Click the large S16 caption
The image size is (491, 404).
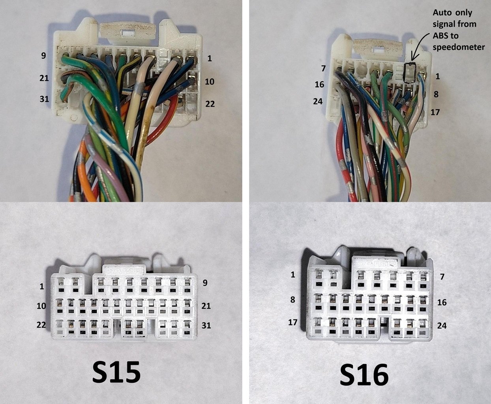click(364, 374)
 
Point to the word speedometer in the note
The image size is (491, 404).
click(459, 47)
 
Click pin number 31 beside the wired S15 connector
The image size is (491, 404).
click(44, 99)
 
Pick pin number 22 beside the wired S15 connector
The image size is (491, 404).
click(210, 104)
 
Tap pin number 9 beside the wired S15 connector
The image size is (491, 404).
click(43, 56)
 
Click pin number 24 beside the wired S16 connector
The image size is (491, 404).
click(318, 101)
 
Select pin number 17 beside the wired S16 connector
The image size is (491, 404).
click(435, 112)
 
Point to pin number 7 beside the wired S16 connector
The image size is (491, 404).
click(323, 68)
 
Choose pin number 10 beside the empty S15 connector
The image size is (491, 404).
click(41, 306)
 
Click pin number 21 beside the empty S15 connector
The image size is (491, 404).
click(206, 306)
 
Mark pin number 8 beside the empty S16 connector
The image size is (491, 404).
click(292, 300)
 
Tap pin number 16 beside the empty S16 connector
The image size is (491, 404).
click(442, 303)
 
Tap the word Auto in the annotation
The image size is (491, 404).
click(443, 13)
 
